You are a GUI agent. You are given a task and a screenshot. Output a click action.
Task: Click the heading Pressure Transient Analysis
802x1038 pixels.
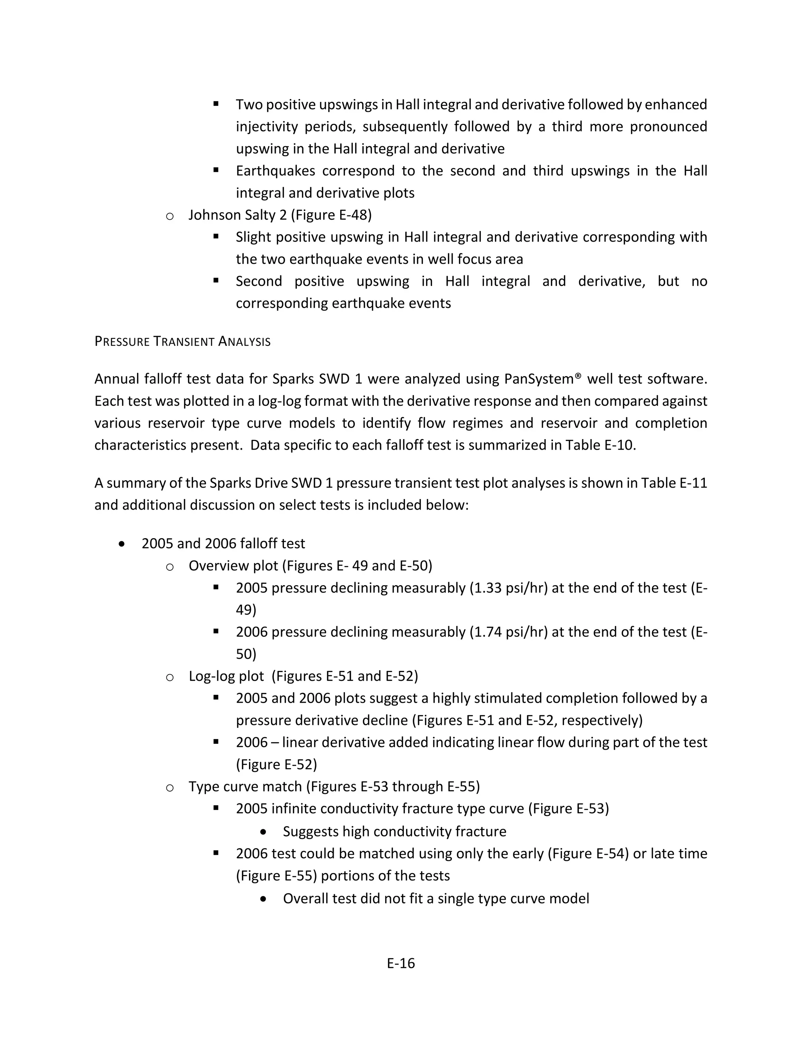pyautogui.click(x=182, y=341)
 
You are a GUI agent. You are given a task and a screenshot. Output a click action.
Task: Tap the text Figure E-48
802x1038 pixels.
pyautogui.click(x=331, y=215)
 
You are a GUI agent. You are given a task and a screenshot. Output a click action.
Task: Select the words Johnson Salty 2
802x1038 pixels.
pyautogui.click(x=238, y=215)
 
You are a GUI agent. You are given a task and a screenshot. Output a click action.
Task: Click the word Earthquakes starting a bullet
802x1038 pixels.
pyautogui.click(x=276, y=171)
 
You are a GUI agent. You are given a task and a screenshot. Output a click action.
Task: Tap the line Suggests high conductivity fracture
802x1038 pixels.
pyautogui.click(x=394, y=831)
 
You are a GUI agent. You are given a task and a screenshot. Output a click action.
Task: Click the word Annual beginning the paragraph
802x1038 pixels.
pyautogui.click(x=116, y=379)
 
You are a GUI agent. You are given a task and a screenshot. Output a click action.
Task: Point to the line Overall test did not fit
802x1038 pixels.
pyautogui.click(x=436, y=898)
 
